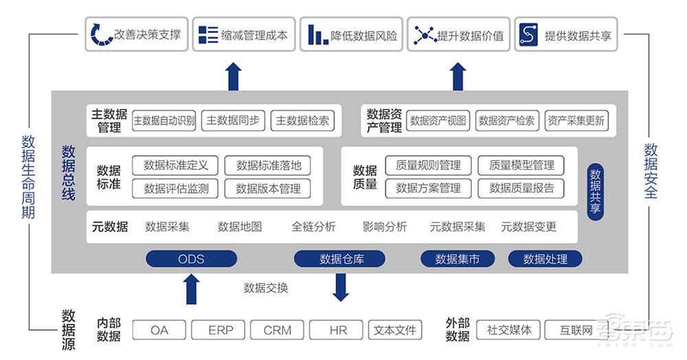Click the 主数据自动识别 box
164,121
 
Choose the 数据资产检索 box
506,121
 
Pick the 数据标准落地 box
269,165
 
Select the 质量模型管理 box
521,165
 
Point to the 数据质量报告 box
521,188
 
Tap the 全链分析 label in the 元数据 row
313,227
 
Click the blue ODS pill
191,259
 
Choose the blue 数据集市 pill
458,259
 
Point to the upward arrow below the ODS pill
192,289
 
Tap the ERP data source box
221,330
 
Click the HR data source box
338,330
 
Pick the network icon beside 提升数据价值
425,34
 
